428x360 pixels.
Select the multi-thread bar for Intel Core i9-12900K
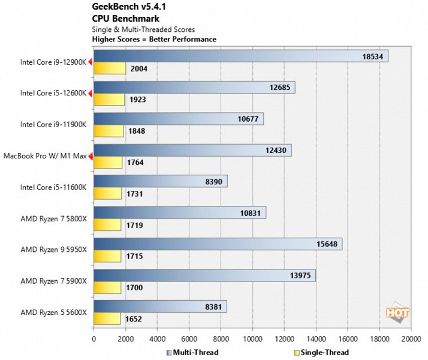(240, 56)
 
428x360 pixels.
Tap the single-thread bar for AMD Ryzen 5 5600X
(108, 319)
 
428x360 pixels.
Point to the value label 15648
(324, 244)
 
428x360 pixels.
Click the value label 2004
(140, 68)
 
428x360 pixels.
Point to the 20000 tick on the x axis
(411, 338)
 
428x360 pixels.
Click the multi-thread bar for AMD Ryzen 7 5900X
(204, 275)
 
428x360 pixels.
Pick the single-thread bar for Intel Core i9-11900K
(108, 131)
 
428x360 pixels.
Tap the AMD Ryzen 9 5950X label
(55, 250)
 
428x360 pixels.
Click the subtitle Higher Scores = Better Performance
(154, 39)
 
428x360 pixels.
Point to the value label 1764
(136, 162)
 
